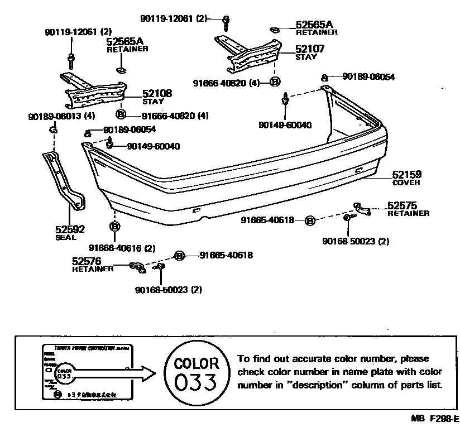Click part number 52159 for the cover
click(x=406, y=174)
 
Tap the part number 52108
click(x=157, y=94)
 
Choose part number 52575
click(x=402, y=206)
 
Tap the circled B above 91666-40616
click(x=114, y=227)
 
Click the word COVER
click(x=406, y=183)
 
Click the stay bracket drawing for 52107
click(x=247, y=53)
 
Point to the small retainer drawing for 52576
click(x=137, y=268)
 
